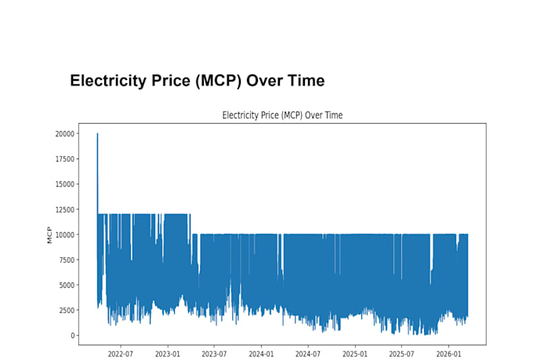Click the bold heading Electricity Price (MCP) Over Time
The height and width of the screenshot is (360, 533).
198,81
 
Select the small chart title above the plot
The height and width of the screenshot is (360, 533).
282,115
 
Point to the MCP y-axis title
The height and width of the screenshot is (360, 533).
49,235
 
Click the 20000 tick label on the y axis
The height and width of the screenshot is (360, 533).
64,133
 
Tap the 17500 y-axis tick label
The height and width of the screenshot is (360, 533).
64,159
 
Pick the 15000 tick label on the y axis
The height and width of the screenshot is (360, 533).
64,184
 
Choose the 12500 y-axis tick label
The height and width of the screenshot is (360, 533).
64,209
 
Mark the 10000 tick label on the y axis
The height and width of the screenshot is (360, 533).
64,235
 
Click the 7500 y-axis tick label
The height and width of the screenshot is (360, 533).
67,260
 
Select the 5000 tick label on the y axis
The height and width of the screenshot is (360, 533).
67,285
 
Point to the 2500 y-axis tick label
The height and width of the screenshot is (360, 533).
67,311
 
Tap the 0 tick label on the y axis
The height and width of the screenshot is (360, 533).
72,336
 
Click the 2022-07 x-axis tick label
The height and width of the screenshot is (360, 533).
121,355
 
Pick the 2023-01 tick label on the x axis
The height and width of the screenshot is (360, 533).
167,355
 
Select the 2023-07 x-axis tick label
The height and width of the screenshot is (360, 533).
214,355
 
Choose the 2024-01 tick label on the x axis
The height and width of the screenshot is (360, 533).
261,355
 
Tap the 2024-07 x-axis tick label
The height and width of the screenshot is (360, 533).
308,355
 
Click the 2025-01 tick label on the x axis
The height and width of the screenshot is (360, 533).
355,355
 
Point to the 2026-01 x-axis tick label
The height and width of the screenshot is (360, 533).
448,355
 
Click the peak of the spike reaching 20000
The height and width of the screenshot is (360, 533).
97,133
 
